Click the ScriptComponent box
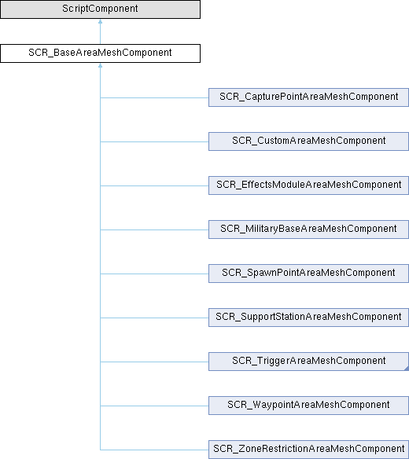[x=100, y=9]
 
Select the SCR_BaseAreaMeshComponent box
[x=100, y=53]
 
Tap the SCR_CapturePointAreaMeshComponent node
[x=308, y=97]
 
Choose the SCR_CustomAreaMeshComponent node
[x=308, y=141]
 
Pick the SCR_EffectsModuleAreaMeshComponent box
[x=308, y=185]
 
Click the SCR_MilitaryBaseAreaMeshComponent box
[x=308, y=229]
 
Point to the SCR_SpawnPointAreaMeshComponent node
[x=308, y=274]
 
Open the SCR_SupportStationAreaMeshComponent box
[x=308, y=318]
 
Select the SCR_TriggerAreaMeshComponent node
[x=308, y=362]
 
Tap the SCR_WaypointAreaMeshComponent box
[x=308, y=406]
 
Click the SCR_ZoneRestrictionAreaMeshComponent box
[x=308, y=450]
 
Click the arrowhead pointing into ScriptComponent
[x=100, y=21]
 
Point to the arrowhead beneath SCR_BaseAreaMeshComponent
[x=100, y=65]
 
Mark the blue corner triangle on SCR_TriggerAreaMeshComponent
[x=407, y=369]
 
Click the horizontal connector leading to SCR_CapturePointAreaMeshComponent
[x=154, y=97]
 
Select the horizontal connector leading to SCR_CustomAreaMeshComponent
[x=154, y=141]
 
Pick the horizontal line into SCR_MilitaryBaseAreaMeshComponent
[x=154, y=229]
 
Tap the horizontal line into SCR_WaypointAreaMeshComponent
[x=154, y=406]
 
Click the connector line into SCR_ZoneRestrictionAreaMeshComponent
[x=154, y=450]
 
